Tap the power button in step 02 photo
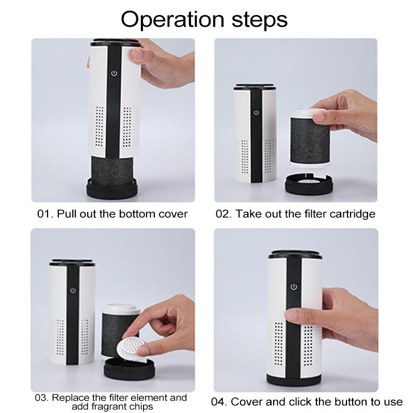pyautogui.click(x=255, y=113)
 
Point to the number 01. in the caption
pyautogui.click(x=45, y=214)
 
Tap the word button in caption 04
pyautogui.click(x=349, y=401)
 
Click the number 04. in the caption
pyautogui.click(x=219, y=401)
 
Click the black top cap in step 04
pyautogui.click(x=294, y=253)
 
